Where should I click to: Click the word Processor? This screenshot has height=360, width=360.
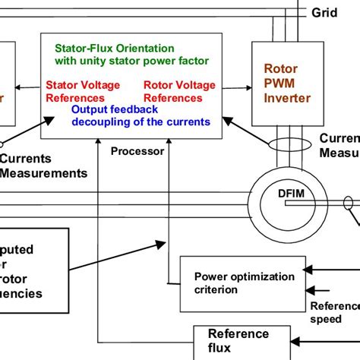click(x=137, y=151)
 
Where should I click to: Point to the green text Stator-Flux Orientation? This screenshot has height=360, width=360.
click(x=114, y=49)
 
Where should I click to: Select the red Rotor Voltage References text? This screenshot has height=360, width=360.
click(x=172, y=91)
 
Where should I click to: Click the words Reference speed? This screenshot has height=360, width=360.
click(x=334, y=313)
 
